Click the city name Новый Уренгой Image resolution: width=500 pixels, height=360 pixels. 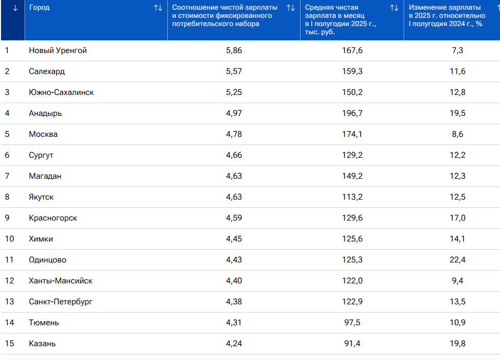tap(58, 51)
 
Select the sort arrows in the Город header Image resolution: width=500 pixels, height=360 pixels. tap(158, 8)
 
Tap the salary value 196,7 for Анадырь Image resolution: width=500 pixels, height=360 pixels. tap(353, 113)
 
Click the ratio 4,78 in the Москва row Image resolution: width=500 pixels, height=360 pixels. tap(234, 134)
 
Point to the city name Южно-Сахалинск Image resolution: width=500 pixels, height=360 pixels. tap(61, 92)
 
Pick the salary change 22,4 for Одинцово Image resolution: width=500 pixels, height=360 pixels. tap(458, 260)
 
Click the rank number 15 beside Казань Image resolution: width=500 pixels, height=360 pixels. tap(10, 343)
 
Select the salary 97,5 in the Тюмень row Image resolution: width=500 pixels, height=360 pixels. tap(353, 323)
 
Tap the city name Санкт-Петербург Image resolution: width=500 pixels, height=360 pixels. tap(61, 302)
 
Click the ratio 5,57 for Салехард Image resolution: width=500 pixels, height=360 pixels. tap(234, 71)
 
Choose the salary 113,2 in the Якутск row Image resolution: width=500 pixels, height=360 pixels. tap(353, 197)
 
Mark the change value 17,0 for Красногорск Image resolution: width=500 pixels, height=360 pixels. tap(458, 218)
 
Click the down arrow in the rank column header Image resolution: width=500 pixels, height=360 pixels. tap(15, 8)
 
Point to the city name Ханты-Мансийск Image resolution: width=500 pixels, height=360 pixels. tap(61, 281)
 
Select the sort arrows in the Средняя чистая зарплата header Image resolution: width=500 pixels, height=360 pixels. tap(394, 8)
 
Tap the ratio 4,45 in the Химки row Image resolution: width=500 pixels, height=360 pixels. tap(234, 239)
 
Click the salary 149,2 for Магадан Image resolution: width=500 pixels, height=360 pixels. tap(353, 176)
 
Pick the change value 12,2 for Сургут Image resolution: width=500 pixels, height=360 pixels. tap(458, 155)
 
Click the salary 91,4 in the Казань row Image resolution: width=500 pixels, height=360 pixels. tap(353, 343)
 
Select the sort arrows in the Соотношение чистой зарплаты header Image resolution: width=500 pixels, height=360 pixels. tap(291, 8)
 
